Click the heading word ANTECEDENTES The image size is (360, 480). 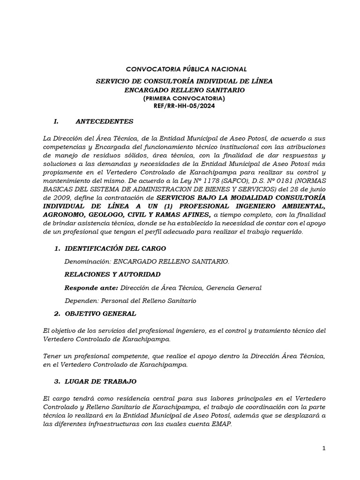coord(105,121)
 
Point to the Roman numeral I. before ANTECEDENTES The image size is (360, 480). coord(56,121)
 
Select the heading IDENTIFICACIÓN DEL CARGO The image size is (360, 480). coord(115,248)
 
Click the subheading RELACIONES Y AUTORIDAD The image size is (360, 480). coord(112,274)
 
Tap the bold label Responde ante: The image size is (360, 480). coord(91,287)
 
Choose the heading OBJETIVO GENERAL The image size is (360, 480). coord(100,313)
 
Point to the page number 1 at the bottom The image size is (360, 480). coord(323,448)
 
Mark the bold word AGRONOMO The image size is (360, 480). coord(62,215)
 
